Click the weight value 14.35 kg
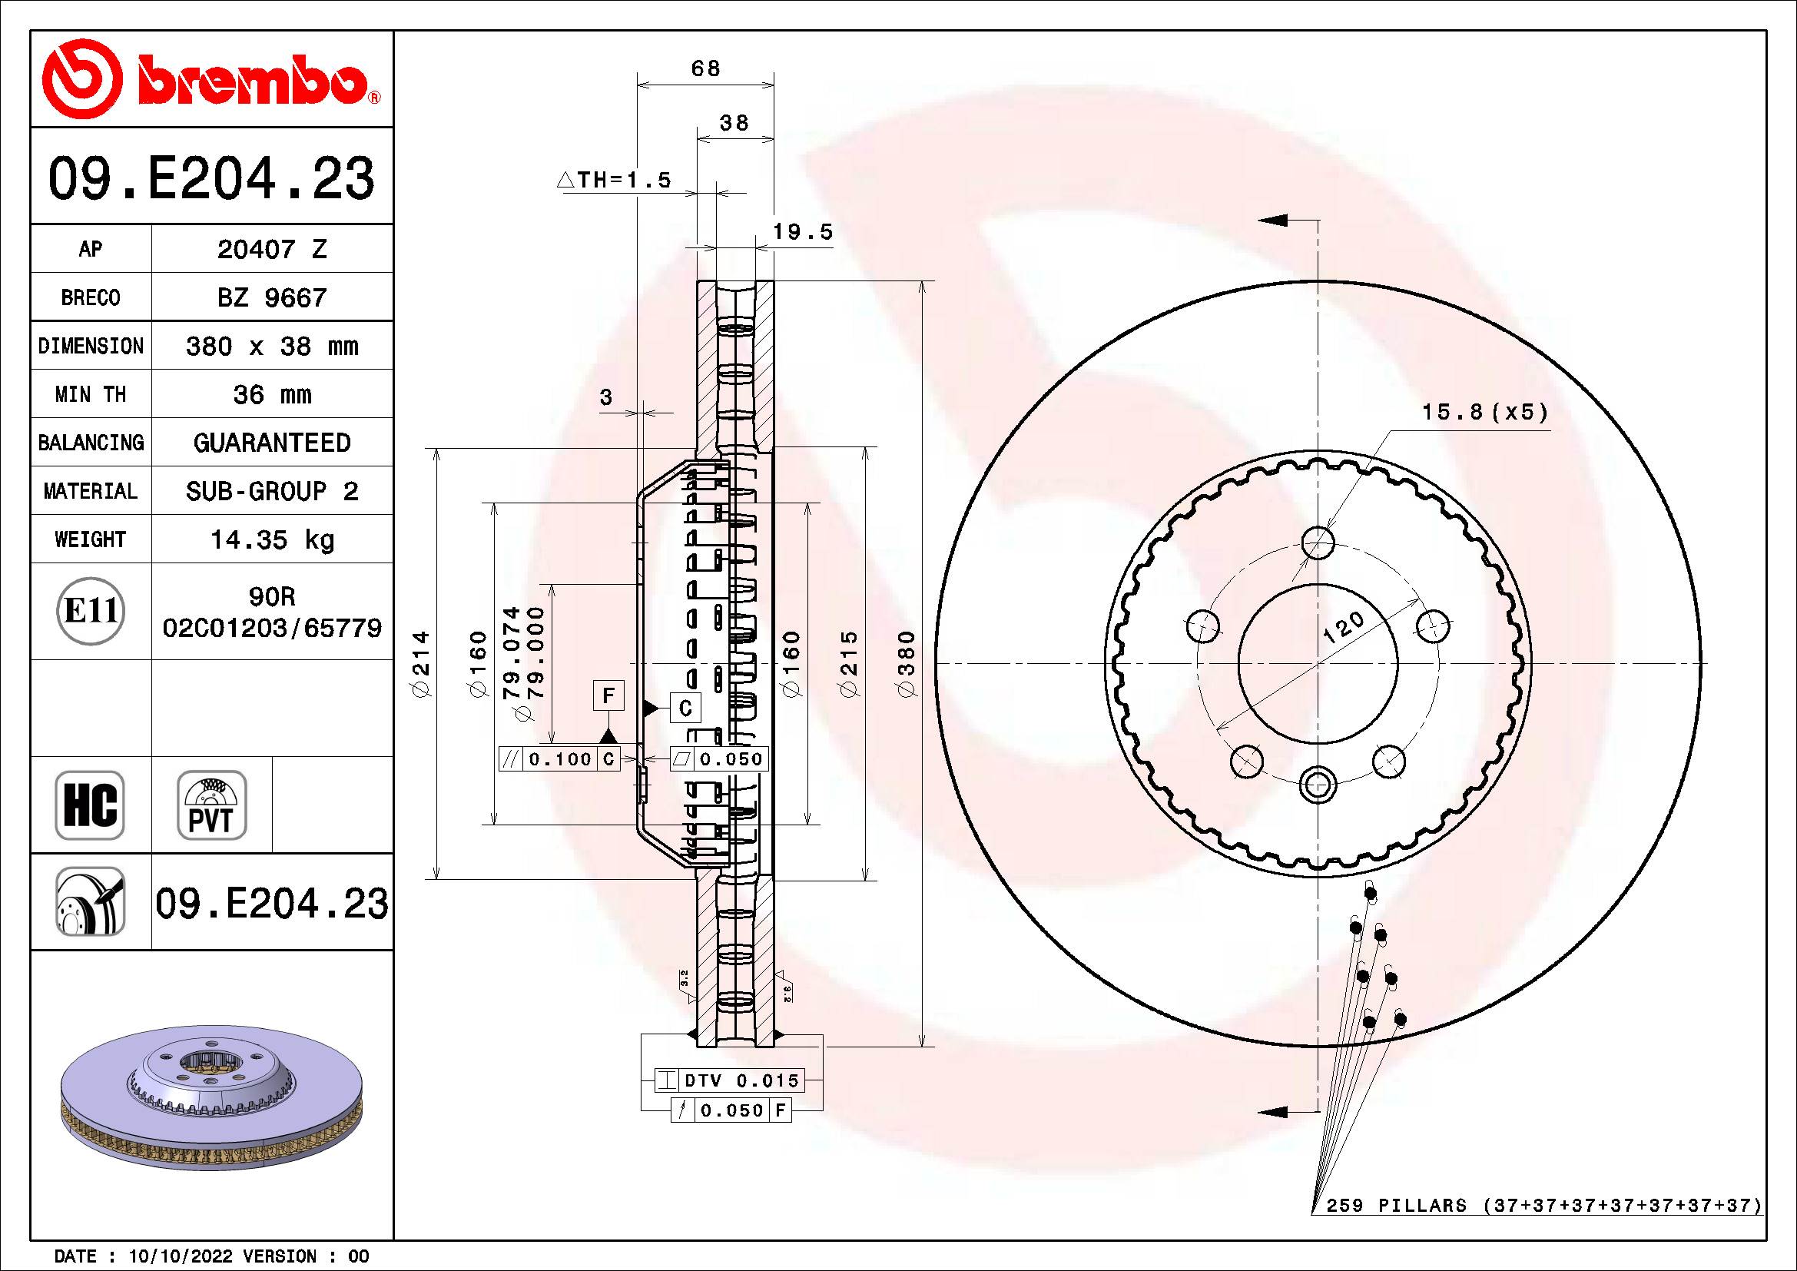point(271,539)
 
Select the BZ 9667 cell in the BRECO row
point(271,297)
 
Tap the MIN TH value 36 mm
point(271,394)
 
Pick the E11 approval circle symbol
point(91,610)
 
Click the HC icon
point(90,805)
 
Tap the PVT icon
point(211,805)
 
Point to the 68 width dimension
point(705,69)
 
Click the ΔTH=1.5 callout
point(615,181)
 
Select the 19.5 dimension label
point(803,232)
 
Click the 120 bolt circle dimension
point(1343,628)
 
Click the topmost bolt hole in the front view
point(1319,542)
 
